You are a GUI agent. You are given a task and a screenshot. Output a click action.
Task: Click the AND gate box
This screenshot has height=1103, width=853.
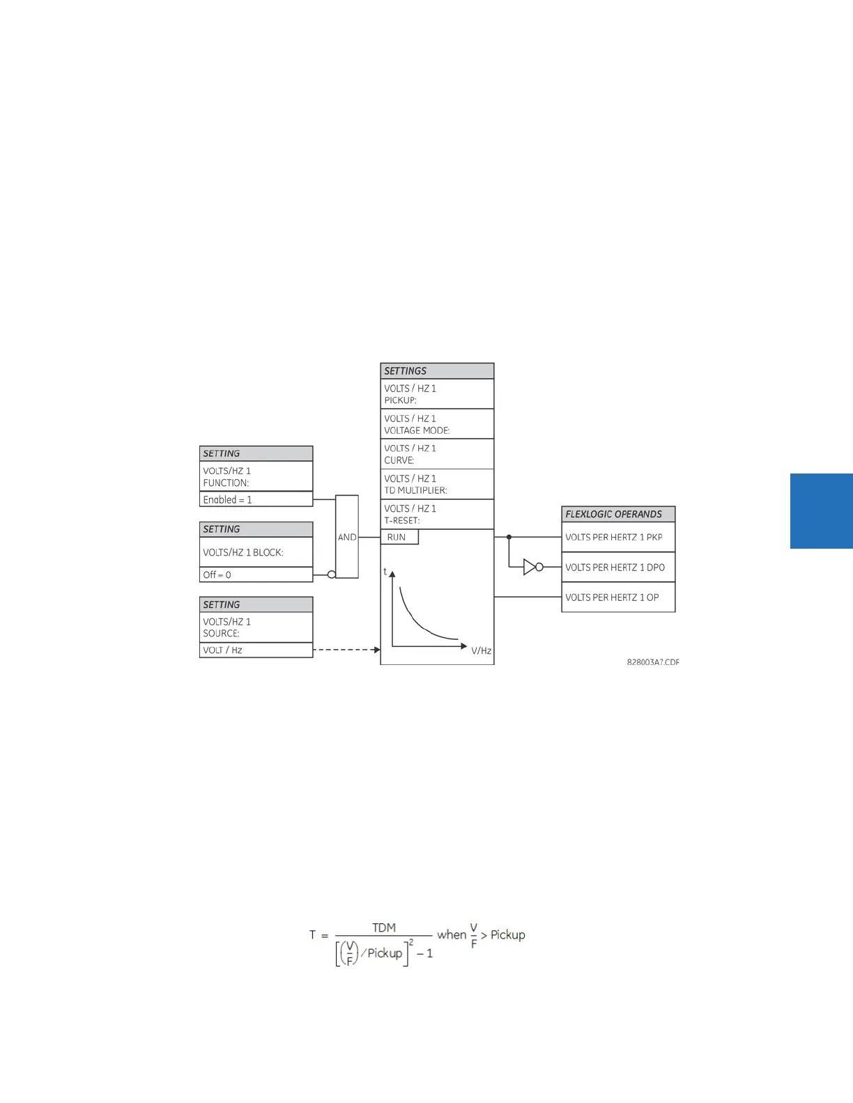pos(347,537)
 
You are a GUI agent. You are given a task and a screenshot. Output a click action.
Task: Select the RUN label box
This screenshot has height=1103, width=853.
pos(399,537)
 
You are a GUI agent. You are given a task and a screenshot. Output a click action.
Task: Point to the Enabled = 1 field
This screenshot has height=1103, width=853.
pos(256,499)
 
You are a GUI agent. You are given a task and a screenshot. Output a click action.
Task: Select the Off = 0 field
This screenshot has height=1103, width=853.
pos(256,574)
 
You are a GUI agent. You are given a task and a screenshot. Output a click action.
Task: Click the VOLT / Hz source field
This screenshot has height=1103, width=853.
pos(256,650)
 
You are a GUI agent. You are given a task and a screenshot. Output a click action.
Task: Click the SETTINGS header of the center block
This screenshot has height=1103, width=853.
pos(437,371)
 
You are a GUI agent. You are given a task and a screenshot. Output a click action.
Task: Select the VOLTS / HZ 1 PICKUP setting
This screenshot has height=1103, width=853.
pos(437,394)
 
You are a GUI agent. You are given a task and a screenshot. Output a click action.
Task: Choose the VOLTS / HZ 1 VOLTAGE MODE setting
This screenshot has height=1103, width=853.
pos(437,424)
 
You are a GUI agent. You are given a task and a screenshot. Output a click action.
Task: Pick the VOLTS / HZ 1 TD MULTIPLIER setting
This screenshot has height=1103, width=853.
pos(437,484)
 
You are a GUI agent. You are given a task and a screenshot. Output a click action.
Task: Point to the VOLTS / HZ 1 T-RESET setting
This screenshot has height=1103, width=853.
pos(437,514)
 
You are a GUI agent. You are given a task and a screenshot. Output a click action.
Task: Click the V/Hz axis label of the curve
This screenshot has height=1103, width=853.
pos(481,651)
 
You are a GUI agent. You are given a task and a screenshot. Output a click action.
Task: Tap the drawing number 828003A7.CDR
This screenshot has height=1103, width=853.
pos(652,662)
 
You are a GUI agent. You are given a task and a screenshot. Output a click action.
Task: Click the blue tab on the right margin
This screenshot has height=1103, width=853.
pos(822,511)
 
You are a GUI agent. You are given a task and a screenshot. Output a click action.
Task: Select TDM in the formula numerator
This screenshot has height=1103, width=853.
pos(384,928)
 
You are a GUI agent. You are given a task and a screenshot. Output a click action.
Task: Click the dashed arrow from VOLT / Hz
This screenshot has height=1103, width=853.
pos(346,650)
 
